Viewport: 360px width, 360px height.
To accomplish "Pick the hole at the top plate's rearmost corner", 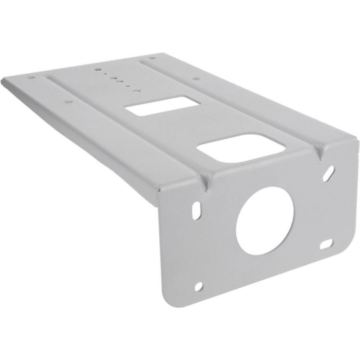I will pos(152,57).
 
